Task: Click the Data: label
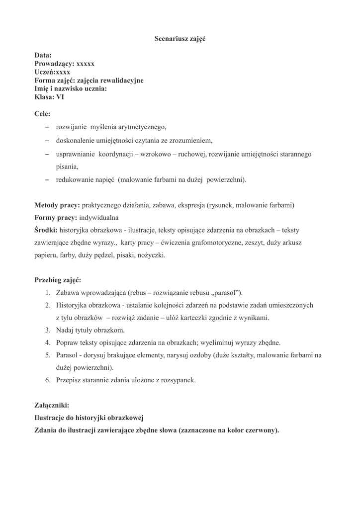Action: (x=43, y=56)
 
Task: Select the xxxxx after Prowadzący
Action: (x=85, y=64)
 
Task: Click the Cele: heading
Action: (x=42, y=114)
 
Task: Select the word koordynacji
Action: (x=115, y=155)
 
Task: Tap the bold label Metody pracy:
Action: (x=57, y=205)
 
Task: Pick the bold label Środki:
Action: (x=46, y=231)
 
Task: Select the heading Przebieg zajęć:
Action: (x=58, y=280)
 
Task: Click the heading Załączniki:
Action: (x=52, y=405)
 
